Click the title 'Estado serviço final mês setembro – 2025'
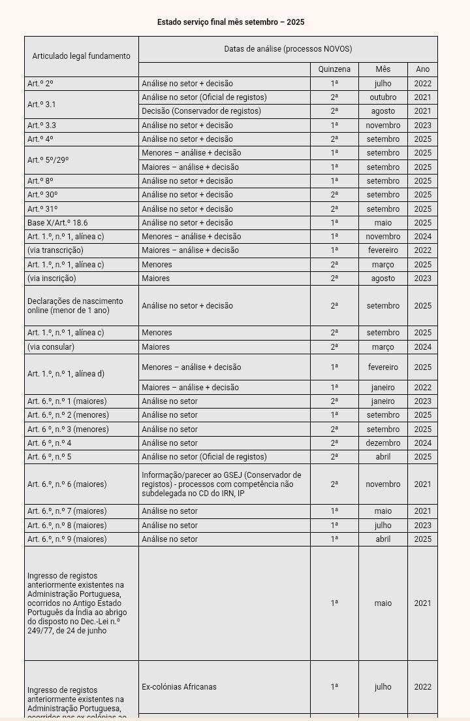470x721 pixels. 230,22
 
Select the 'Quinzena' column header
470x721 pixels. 334,69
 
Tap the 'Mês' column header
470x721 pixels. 383,69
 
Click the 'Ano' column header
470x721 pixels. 422,69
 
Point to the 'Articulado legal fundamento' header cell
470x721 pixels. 81,56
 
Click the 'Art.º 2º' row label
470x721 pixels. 40,84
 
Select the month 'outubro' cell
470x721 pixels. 383,97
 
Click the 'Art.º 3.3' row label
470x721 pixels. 42,125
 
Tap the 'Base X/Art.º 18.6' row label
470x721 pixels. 57,223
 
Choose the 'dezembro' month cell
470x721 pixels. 383,443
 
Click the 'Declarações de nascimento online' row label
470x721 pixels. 75,305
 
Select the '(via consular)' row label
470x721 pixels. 51,347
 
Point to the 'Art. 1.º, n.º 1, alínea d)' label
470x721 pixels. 66,374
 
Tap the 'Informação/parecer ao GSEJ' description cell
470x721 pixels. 221,484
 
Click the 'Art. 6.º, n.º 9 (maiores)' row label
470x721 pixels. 67,539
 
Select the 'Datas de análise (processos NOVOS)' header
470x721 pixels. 288,49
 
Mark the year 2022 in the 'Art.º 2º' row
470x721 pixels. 422,84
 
